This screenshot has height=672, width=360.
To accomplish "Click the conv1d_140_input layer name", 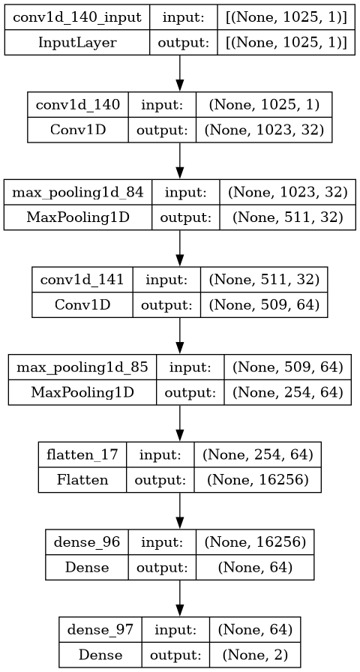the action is point(77,19).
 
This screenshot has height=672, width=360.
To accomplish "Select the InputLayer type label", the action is point(77,43).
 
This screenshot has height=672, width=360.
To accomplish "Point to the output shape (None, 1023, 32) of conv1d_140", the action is point(265,130).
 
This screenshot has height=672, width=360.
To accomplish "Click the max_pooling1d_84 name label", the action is point(78,193).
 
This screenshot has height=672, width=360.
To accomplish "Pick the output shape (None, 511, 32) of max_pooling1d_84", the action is point(287,217).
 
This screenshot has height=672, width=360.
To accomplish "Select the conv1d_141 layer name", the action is point(82,280).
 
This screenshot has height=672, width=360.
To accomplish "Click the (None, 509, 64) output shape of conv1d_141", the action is point(264,304).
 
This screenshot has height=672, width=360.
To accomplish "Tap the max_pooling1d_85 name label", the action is point(82,367).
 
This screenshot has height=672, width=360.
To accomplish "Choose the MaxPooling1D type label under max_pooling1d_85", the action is point(82,391).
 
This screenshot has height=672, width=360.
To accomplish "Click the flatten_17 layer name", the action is point(82,454).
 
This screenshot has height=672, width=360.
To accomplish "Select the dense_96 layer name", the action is point(87,542).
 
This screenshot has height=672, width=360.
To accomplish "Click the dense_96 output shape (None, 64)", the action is point(255,568).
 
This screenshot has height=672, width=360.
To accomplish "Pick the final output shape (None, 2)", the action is point(255,655).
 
